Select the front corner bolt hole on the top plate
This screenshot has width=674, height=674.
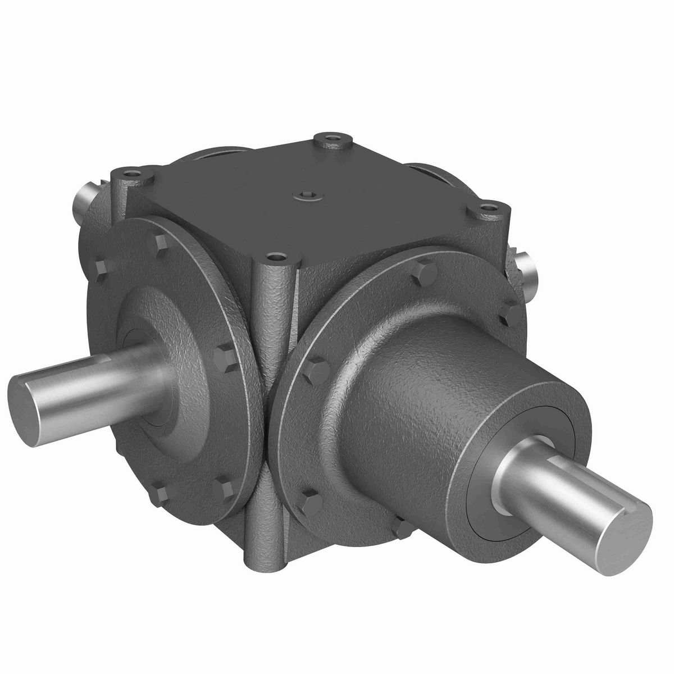pos(275,258)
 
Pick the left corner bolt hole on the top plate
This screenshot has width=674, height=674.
pos(134,174)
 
